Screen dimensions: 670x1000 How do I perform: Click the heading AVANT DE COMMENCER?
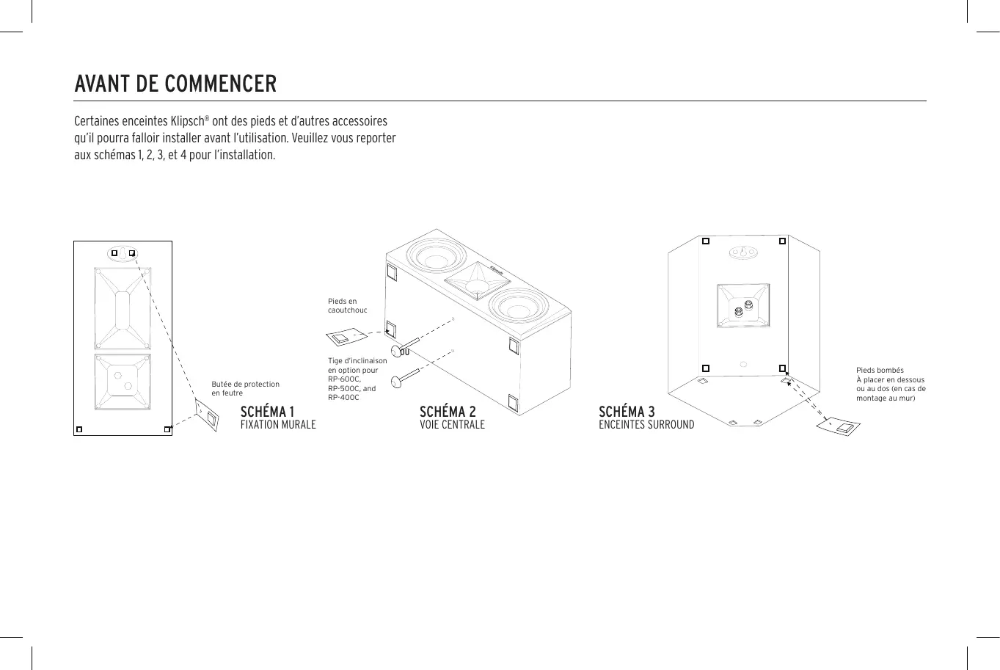175,84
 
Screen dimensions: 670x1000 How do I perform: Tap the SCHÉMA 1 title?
267,412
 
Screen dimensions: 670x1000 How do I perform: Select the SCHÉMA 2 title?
448,412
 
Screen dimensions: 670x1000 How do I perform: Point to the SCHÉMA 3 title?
627,412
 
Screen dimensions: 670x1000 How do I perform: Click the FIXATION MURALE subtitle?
278,425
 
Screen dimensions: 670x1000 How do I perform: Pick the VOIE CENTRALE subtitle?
452,425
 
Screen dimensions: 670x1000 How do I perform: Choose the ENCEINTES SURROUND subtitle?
646,425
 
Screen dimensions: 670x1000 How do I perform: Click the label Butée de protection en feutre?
245,388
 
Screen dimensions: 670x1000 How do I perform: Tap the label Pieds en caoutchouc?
347,305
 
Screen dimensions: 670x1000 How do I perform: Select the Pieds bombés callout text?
891,384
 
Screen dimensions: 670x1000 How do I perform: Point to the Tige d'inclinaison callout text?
357,379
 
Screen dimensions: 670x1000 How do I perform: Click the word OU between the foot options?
404,352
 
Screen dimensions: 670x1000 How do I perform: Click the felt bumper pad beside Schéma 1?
207,416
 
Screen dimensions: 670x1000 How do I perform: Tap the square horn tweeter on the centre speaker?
476,280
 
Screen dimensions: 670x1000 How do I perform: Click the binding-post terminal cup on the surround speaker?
743,306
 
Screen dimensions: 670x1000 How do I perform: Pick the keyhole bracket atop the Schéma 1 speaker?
123,253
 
